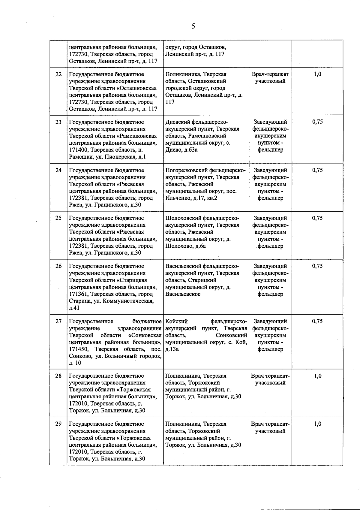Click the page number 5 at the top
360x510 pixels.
(x=193, y=26)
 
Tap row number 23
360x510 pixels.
(x=58, y=122)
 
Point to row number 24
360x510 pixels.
(x=58, y=170)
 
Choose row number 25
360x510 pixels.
(x=58, y=218)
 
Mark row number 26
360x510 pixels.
(x=58, y=266)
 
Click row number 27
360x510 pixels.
(x=58, y=321)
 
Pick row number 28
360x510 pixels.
(x=58, y=376)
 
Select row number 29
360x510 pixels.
(x=58, y=424)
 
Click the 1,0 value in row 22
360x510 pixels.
(x=317, y=74)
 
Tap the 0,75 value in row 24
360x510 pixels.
(x=317, y=170)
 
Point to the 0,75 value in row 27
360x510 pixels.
(x=317, y=321)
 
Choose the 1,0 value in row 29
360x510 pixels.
(x=317, y=424)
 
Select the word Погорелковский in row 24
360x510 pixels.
(x=186, y=170)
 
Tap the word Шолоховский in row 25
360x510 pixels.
(x=183, y=218)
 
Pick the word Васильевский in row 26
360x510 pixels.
(x=183, y=266)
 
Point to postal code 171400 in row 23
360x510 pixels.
(x=79, y=150)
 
